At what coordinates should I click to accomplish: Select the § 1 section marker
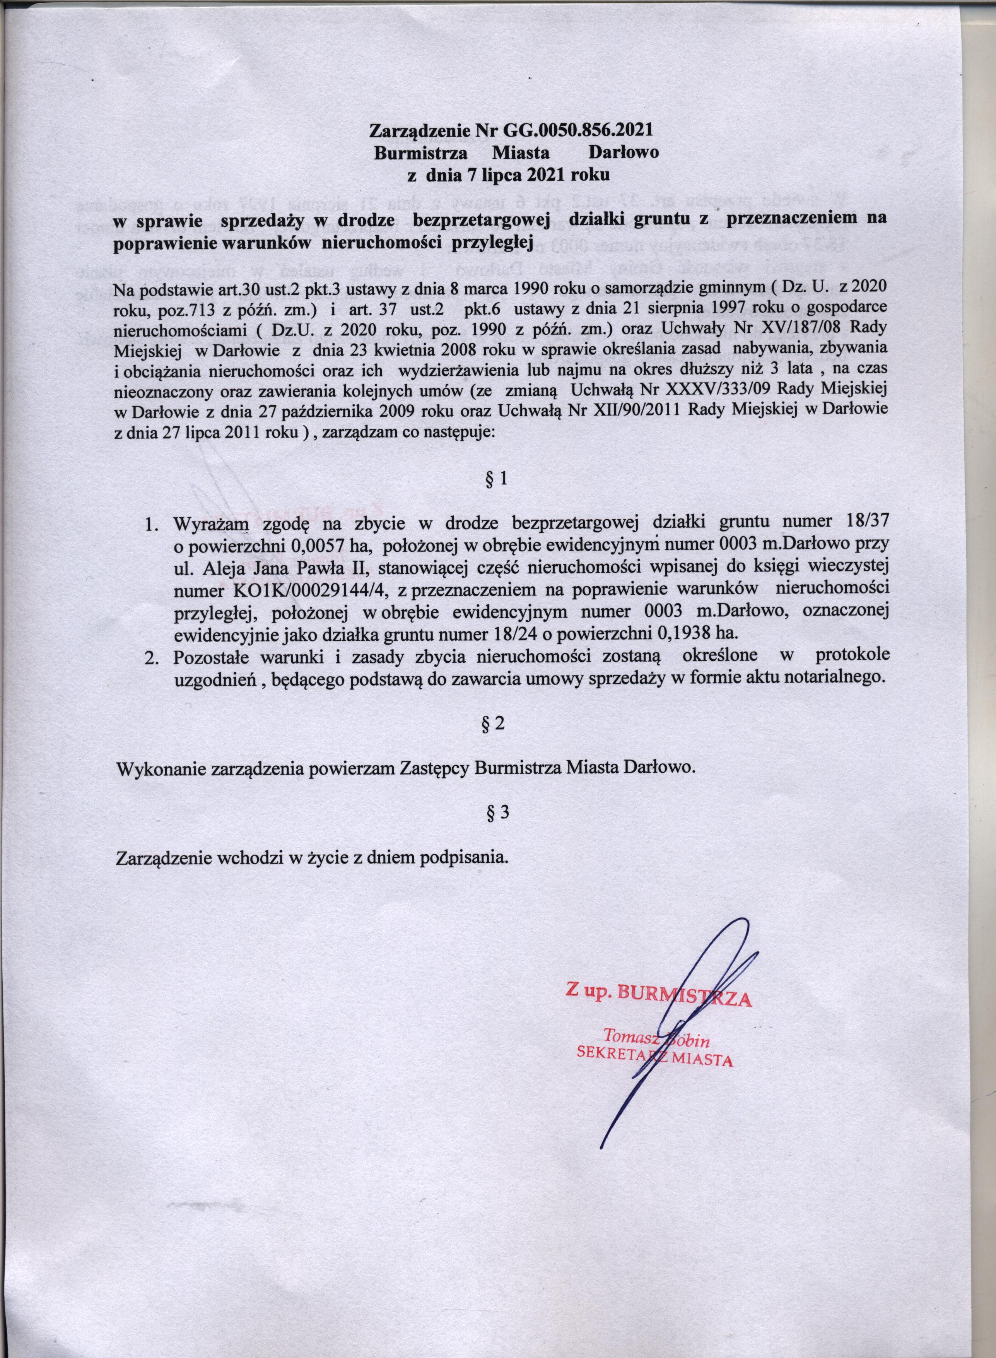click(x=497, y=479)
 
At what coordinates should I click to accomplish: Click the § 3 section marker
click(x=497, y=812)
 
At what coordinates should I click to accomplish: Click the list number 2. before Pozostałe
click(x=152, y=656)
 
